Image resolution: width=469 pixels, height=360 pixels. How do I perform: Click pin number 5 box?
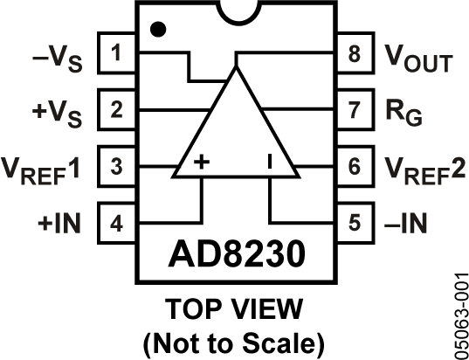353,221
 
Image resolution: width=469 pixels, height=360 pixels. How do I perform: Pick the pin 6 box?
353,166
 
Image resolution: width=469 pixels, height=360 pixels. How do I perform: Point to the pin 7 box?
353,111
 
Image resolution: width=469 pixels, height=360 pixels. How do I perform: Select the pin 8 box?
353,57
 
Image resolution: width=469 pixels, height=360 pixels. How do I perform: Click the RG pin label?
403,114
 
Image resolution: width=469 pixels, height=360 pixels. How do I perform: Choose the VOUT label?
417,59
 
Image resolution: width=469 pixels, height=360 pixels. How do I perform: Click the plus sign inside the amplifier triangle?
201,162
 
